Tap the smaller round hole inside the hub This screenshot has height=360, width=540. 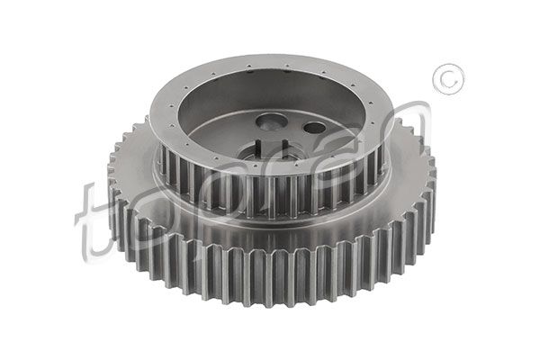click(x=313, y=127)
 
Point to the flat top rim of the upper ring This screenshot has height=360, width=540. click(x=270, y=66)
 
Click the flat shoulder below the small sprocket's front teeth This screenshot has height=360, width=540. click(x=270, y=225)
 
